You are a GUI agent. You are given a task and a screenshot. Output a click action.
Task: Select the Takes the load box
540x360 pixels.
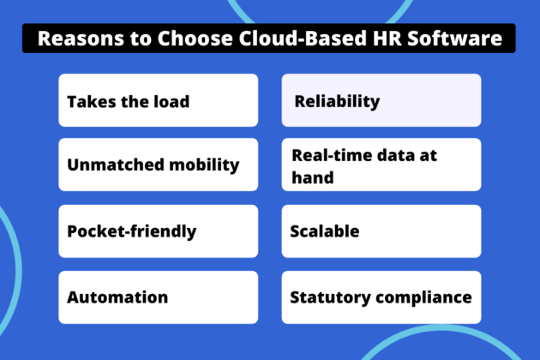point(158,100)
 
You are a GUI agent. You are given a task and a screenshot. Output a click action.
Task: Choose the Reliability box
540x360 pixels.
point(381,100)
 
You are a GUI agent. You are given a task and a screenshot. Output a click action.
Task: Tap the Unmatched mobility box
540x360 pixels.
point(158,165)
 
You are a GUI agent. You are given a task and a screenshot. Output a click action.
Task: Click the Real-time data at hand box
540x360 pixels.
point(381,165)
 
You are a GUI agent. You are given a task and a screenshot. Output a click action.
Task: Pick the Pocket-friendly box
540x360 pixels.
point(158,231)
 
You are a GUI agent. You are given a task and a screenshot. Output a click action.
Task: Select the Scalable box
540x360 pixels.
point(381,231)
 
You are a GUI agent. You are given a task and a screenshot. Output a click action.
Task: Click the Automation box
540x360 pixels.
point(158,297)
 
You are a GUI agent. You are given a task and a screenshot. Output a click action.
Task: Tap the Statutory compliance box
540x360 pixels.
point(381,297)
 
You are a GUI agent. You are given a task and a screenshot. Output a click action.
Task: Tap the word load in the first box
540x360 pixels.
point(171,101)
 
